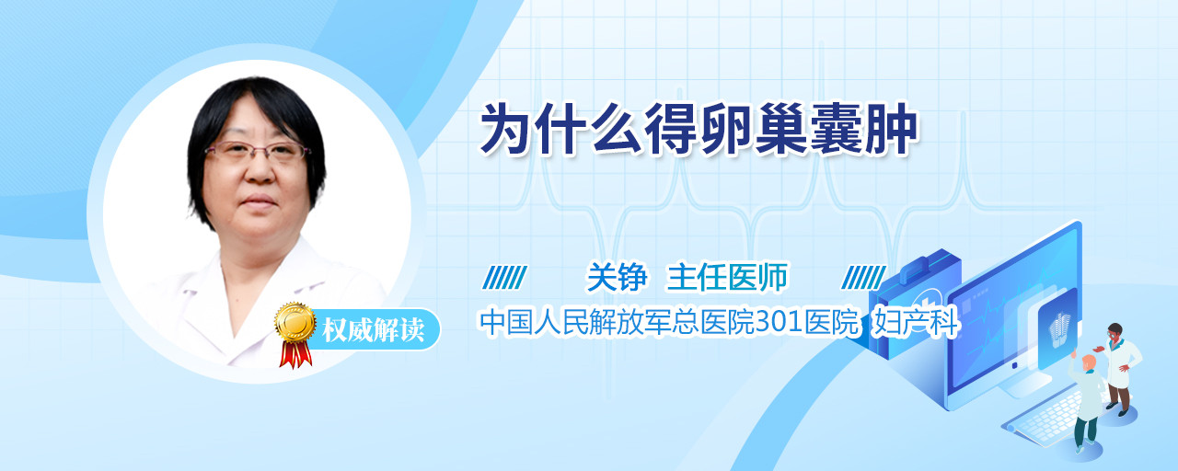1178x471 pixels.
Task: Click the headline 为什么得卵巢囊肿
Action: point(699,130)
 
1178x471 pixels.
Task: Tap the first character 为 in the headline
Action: point(506,130)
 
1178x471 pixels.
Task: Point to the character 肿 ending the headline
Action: point(892,130)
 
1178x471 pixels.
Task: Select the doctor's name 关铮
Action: point(617,277)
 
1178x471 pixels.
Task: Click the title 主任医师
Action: point(728,277)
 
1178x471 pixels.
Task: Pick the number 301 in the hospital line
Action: point(780,322)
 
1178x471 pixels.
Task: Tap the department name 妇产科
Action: point(916,322)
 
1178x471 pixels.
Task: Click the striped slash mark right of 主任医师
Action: point(863,278)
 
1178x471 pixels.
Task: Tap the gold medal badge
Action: point(295,321)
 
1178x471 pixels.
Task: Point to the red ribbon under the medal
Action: point(295,354)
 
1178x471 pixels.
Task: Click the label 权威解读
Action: point(373,330)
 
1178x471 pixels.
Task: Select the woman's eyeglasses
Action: point(257,151)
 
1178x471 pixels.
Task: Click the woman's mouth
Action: point(259,201)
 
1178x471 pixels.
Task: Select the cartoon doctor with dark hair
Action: point(1121,369)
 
